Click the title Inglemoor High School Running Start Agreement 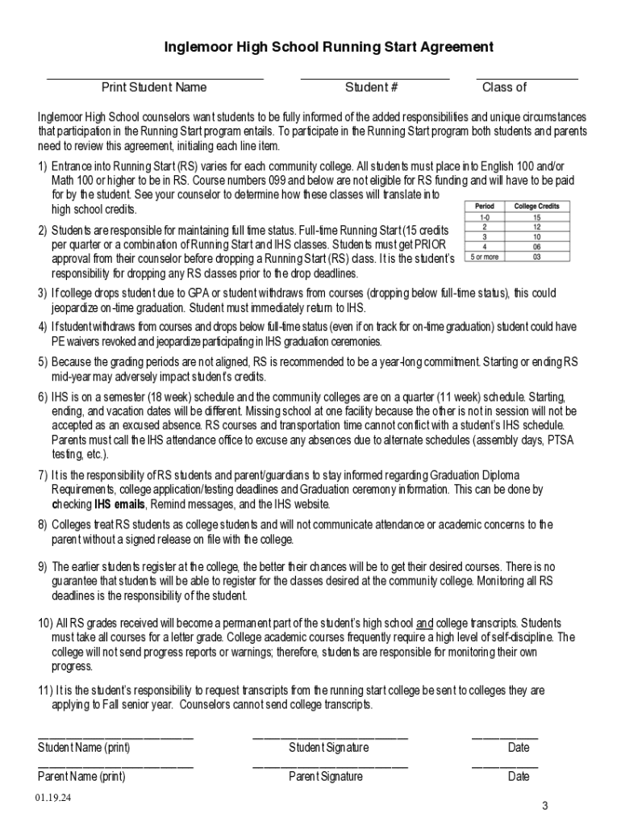click(328, 48)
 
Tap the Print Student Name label click(153, 87)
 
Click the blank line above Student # click(374, 78)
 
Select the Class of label click(504, 87)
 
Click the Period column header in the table click(485, 206)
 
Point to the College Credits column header click(536, 206)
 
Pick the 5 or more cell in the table click(485, 257)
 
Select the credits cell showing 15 click(536, 217)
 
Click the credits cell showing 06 click(536, 247)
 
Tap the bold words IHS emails click(119, 504)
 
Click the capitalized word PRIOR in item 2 click(428, 244)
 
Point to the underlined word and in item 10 click(424, 624)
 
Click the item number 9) click(43, 567)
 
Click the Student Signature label click(328, 748)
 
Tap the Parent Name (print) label click(81, 777)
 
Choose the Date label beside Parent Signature click(519, 777)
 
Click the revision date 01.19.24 click(52, 798)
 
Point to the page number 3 click(544, 807)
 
